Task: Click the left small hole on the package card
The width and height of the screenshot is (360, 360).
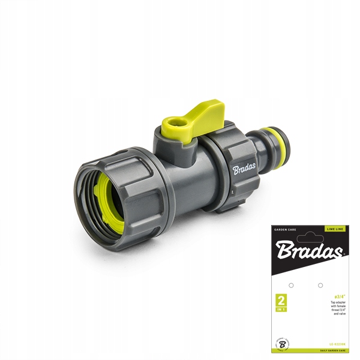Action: coord(291,285)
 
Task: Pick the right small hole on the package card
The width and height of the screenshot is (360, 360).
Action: coord(320,285)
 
